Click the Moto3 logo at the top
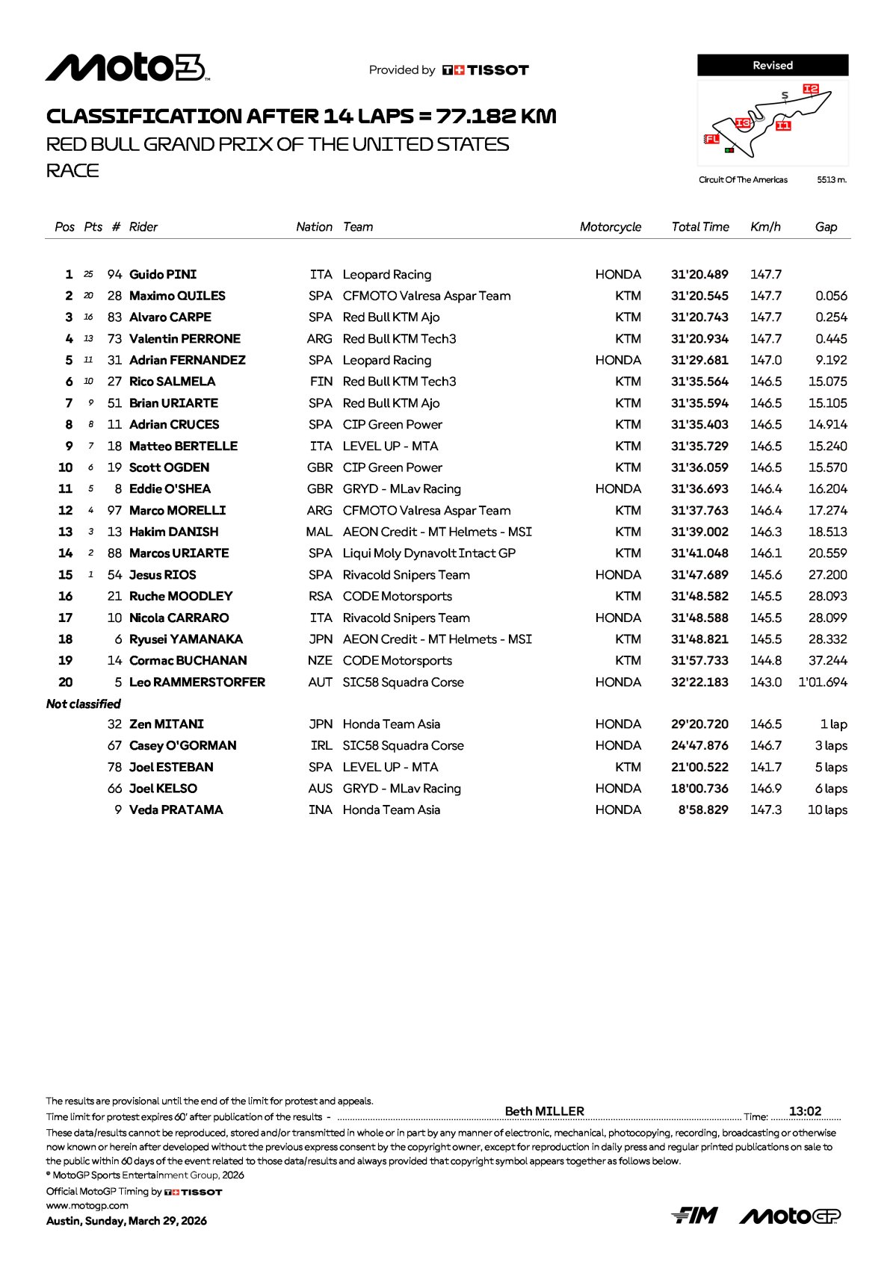pyautogui.click(x=127, y=68)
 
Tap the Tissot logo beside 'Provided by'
pyautogui.click(x=486, y=70)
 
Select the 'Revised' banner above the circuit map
pyautogui.click(x=773, y=66)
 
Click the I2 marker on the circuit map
pyautogui.click(x=811, y=90)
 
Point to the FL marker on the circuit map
pyautogui.click(x=711, y=139)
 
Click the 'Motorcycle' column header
pyautogui.click(x=610, y=227)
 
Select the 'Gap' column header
pyautogui.click(x=826, y=227)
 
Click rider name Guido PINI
pyautogui.click(x=163, y=275)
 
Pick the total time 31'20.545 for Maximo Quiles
pyautogui.click(x=699, y=296)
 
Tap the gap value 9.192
pyautogui.click(x=831, y=361)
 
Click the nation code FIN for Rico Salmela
pyautogui.click(x=321, y=382)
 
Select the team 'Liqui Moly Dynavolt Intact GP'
pyautogui.click(x=429, y=553)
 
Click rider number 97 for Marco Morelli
pyautogui.click(x=114, y=511)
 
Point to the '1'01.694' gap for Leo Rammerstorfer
pyautogui.click(x=823, y=683)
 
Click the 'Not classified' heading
pyautogui.click(x=84, y=704)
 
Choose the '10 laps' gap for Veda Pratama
pyautogui.click(x=827, y=810)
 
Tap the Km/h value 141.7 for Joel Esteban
pyautogui.click(x=766, y=768)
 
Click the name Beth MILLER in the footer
pyautogui.click(x=544, y=1111)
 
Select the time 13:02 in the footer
pyautogui.click(x=805, y=1111)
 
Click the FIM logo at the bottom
pyautogui.click(x=694, y=1216)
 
